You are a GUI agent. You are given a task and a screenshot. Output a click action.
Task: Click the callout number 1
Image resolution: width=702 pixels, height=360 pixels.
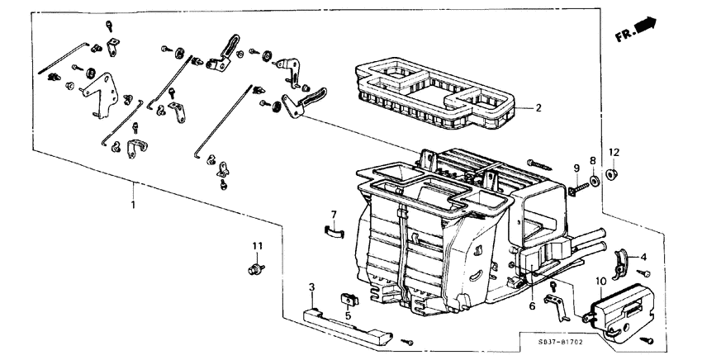pyautogui.click(x=133, y=201)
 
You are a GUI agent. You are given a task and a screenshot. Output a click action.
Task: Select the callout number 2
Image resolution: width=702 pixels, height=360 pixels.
pyautogui.click(x=538, y=108)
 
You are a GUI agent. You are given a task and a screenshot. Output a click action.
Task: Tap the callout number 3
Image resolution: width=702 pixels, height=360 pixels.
pyautogui.click(x=312, y=287)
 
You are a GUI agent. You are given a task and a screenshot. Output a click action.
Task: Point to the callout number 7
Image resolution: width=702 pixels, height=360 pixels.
pyautogui.click(x=334, y=215)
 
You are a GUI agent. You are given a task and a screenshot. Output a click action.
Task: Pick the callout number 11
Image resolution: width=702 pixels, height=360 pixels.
pyautogui.click(x=257, y=246)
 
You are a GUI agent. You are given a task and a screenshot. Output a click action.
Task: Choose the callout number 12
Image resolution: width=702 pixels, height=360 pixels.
pyautogui.click(x=613, y=153)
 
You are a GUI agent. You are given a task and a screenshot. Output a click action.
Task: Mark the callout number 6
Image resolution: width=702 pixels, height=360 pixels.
pyautogui.click(x=533, y=306)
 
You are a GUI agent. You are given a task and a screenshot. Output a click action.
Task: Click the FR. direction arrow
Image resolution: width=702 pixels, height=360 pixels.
pyautogui.click(x=638, y=31)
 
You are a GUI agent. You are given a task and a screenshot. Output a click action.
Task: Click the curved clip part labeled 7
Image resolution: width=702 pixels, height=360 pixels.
pyautogui.click(x=332, y=232)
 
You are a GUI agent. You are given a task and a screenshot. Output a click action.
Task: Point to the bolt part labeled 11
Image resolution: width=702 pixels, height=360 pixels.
pyautogui.click(x=256, y=268)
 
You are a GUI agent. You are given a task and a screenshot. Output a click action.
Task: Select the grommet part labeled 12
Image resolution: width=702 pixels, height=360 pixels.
pyautogui.click(x=613, y=174)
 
